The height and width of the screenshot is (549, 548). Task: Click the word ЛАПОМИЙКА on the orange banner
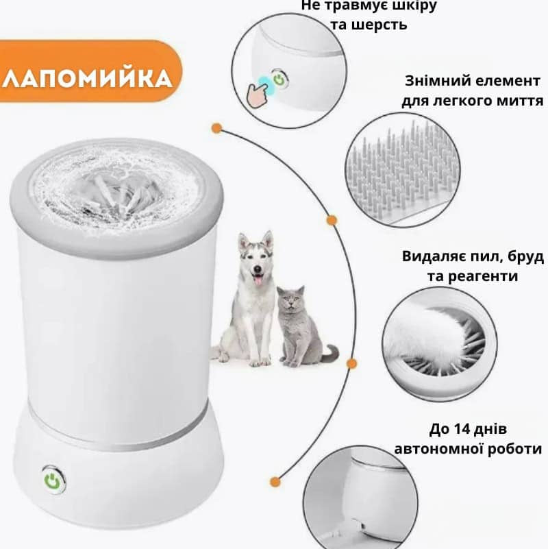click(87, 79)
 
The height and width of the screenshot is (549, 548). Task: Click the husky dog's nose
click(258, 268)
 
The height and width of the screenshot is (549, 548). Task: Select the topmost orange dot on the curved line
click(216, 128)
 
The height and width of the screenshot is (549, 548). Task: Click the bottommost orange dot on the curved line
click(275, 481)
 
